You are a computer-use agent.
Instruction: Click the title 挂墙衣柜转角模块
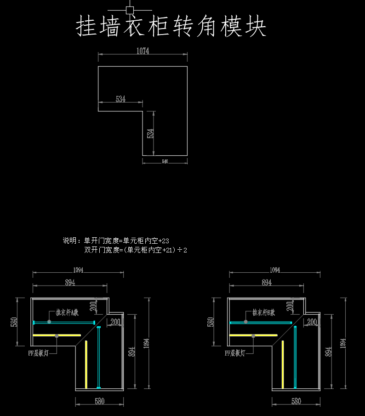[171, 27]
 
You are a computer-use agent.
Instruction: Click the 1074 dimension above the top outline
[143, 51]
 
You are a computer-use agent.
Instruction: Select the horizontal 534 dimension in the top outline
[120, 99]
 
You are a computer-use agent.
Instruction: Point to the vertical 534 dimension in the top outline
[150, 134]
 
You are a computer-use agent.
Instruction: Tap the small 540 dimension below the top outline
[165, 162]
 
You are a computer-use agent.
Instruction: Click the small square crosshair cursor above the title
[130, 10]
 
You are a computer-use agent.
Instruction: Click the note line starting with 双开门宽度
[136, 250]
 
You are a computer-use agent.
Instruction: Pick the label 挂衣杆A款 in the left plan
[67, 312]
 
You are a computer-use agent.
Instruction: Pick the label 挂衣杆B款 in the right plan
[263, 313]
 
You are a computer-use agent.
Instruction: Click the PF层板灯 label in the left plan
[39, 353]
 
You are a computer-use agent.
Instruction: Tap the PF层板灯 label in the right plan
[235, 353]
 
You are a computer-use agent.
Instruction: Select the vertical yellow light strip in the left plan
[86, 364]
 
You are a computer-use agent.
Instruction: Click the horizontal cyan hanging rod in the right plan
[261, 322]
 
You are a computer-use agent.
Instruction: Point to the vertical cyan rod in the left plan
[98, 357]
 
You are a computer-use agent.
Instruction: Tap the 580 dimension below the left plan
[99, 401]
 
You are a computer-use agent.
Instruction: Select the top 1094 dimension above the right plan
[274, 270]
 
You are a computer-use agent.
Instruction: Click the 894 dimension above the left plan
[70, 283]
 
